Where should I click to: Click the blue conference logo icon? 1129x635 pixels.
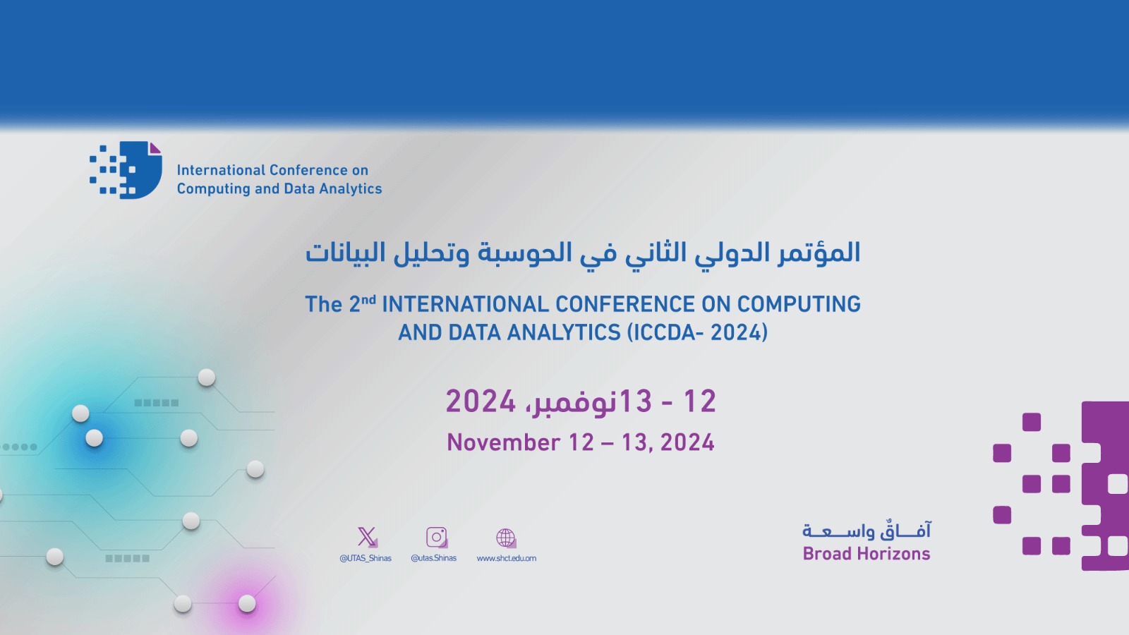click(126, 170)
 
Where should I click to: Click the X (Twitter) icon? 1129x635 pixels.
click(367, 537)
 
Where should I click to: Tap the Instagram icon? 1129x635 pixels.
click(437, 537)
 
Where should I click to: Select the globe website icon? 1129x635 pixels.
click(505, 538)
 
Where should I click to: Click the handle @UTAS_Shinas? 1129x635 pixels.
click(366, 558)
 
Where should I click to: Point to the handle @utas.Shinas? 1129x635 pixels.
click(433, 558)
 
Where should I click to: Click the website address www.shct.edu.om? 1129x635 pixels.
click(507, 558)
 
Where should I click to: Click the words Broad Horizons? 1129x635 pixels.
click(867, 554)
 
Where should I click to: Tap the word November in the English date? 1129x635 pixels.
click(504, 442)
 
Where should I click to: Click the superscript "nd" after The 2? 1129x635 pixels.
click(368, 299)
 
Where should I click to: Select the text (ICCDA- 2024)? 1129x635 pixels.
click(697, 332)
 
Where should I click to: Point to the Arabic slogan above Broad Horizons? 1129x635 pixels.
click(867, 530)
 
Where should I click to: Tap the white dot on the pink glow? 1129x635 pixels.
click(247, 603)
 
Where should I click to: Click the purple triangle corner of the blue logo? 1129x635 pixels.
click(155, 148)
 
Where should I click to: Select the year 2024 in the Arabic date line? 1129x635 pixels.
click(481, 401)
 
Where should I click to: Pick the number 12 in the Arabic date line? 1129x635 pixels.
click(699, 401)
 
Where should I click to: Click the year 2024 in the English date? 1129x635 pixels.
click(687, 442)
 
